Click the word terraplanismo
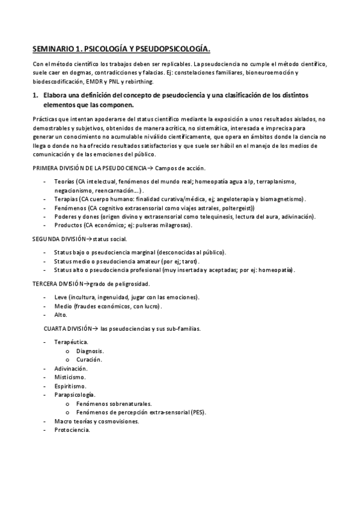click(276, 181)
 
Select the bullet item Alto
click(61, 315)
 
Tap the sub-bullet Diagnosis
click(90, 351)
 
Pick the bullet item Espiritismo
click(70, 386)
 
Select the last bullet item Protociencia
click(72, 429)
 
